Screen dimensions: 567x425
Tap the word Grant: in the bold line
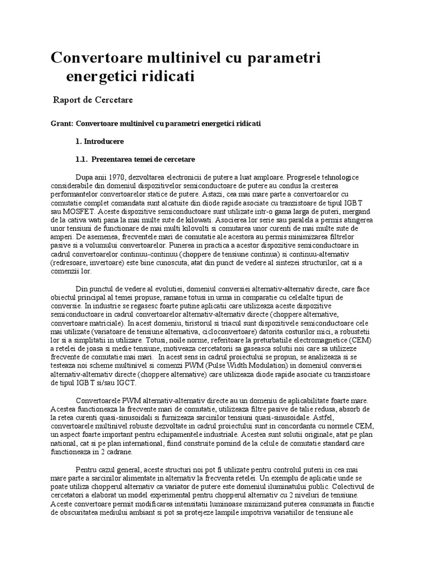click(61, 124)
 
